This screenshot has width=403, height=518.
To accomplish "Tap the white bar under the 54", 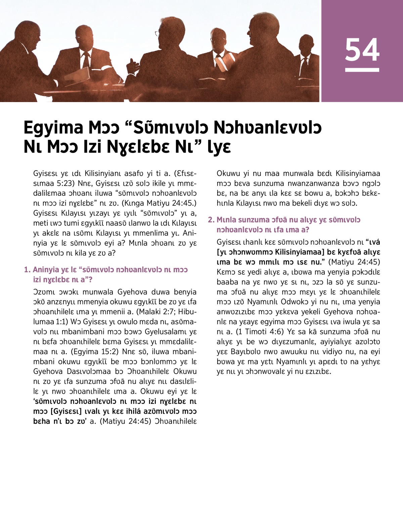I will coord(362,70).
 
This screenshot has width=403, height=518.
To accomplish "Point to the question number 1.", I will coord(27,270).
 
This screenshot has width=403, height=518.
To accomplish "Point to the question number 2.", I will coord(211,220).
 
